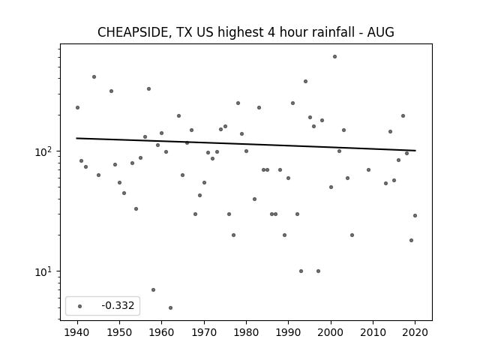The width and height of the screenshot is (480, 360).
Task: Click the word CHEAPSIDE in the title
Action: [x=133, y=32]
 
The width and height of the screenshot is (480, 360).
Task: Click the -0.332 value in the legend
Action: [x=118, y=305]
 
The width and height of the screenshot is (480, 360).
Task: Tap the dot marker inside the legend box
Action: [x=80, y=306]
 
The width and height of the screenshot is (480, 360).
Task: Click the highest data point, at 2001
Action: [x=335, y=57]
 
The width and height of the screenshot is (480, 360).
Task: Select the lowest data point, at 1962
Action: [x=170, y=307]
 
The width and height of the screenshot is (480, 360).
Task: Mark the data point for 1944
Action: [x=94, y=76]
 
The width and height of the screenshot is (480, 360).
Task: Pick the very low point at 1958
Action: [x=153, y=289]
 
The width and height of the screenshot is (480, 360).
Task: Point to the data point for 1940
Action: [x=77, y=107]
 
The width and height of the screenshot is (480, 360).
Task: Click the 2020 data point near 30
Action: [x=415, y=215]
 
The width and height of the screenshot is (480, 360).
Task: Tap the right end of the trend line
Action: [x=415, y=151]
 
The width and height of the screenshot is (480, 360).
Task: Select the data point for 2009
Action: [x=368, y=170]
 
